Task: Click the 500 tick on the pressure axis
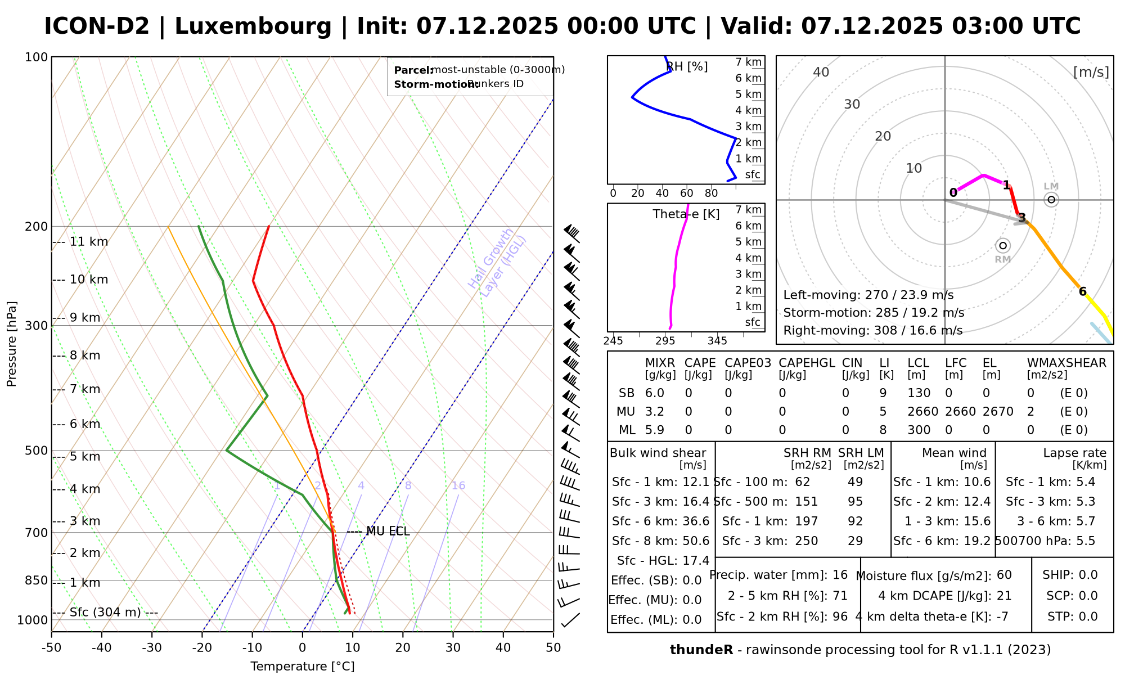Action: [36, 451]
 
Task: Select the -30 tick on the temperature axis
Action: [152, 648]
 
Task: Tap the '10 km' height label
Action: [89, 280]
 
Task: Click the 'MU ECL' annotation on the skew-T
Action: [388, 532]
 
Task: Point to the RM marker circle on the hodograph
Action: [1003, 246]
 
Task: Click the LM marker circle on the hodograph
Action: [1051, 200]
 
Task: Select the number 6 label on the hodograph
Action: [1082, 291]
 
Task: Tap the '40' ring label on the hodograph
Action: [821, 72]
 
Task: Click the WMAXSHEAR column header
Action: [1066, 363]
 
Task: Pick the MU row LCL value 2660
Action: [922, 412]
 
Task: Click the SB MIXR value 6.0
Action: [655, 393]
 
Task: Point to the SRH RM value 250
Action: [806, 541]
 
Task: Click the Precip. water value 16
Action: [840, 575]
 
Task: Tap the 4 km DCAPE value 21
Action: [1004, 596]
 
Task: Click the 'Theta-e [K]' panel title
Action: [686, 214]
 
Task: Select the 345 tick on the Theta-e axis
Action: [717, 341]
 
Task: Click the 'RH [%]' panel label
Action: [687, 67]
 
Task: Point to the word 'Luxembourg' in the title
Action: [253, 26]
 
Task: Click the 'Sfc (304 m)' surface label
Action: [105, 613]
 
